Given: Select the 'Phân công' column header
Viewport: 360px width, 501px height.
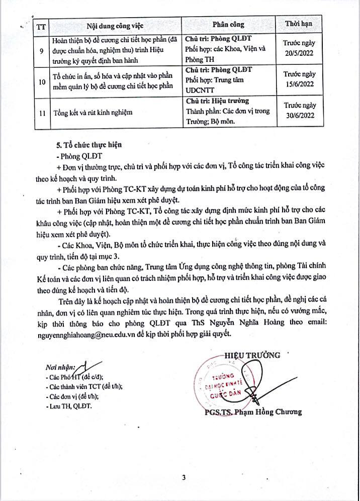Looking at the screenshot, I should click(x=228, y=25).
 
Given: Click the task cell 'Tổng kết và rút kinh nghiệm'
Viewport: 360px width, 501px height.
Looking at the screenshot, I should click(x=93, y=112).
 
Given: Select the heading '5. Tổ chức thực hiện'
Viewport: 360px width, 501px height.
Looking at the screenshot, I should click(x=89, y=144).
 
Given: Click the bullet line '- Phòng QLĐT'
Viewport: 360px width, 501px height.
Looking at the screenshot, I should click(x=80, y=155).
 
